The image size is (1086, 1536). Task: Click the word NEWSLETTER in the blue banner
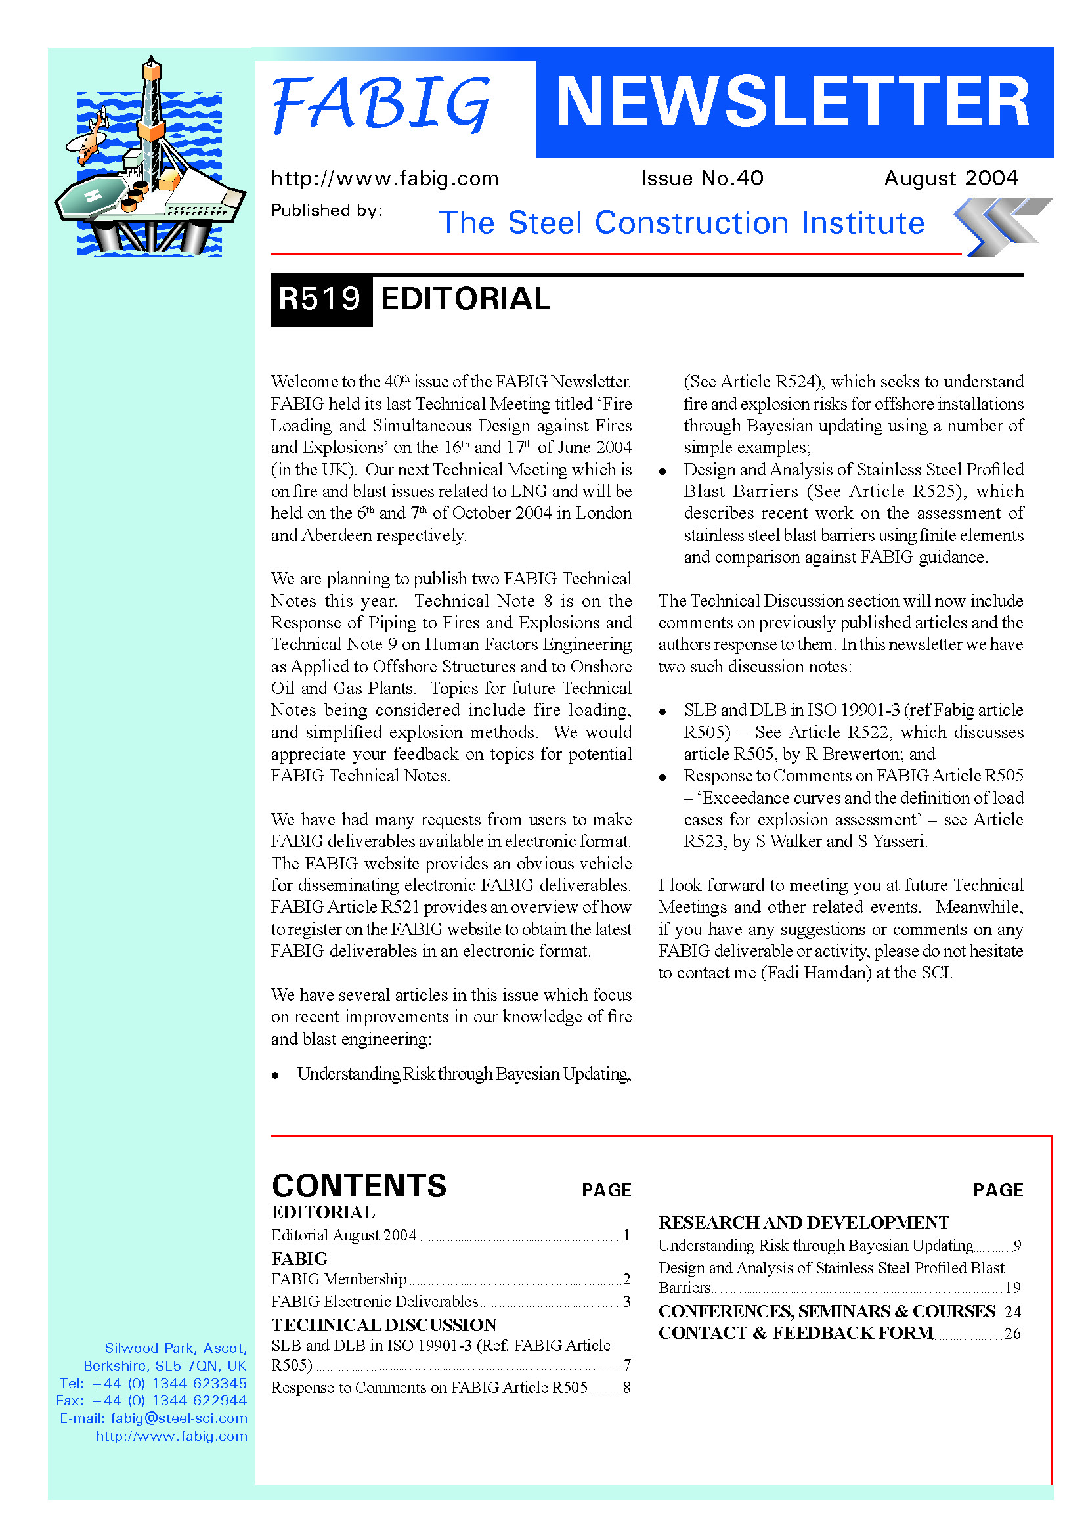coord(793,102)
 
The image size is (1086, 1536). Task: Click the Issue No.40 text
coord(701,178)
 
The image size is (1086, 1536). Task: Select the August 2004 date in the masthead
coord(950,178)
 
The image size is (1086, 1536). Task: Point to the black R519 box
coord(321,299)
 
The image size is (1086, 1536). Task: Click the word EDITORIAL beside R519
coord(465,299)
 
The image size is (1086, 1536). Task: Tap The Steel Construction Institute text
coord(682,223)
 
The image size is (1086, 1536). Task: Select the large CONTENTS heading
coord(359,1185)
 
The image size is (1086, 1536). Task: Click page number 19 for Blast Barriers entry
coord(1012,1288)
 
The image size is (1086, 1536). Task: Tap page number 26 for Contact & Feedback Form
coord(1012,1333)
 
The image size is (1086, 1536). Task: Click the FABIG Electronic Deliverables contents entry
coord(374,1301)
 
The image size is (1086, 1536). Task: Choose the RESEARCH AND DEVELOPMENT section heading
coord(803,1223)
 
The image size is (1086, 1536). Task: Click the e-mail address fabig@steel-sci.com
coord(179,1418)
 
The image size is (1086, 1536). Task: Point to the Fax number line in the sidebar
coord(152,1400)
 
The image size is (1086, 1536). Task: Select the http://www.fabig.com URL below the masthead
coord(385,179)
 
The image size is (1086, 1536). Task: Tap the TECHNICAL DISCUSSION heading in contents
coord(384,1325)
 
